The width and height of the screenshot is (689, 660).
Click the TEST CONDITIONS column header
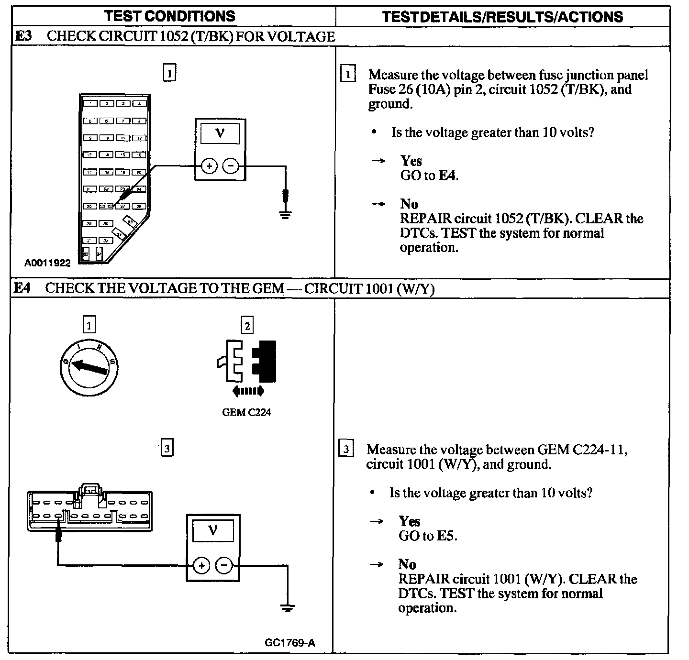tap(170, 16)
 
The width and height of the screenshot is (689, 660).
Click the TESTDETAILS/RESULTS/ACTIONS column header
tap(502, 17)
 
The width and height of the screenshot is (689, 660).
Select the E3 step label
tap(24, 36)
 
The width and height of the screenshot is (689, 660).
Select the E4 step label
tap(22, 288)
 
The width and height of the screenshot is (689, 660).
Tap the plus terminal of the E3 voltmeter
tap(209, 166)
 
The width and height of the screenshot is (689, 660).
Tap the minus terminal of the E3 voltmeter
tap(231, 166)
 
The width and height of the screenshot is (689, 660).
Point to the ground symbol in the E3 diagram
tap(285, 214)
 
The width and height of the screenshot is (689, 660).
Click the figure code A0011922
tap(48, 263)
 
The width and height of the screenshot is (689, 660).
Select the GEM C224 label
tap(246, 412)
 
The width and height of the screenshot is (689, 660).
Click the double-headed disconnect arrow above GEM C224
tap(247, 391)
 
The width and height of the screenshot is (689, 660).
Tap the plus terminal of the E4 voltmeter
tap(201, 565)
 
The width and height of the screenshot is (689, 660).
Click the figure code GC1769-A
tap(290, 643)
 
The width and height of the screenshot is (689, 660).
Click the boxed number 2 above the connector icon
tap(247, 326)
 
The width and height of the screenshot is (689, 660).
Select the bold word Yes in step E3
tap(411, 161)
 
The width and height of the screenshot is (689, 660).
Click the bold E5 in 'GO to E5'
tap(446, 536)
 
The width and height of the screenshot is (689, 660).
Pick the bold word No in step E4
tap(407, 564)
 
